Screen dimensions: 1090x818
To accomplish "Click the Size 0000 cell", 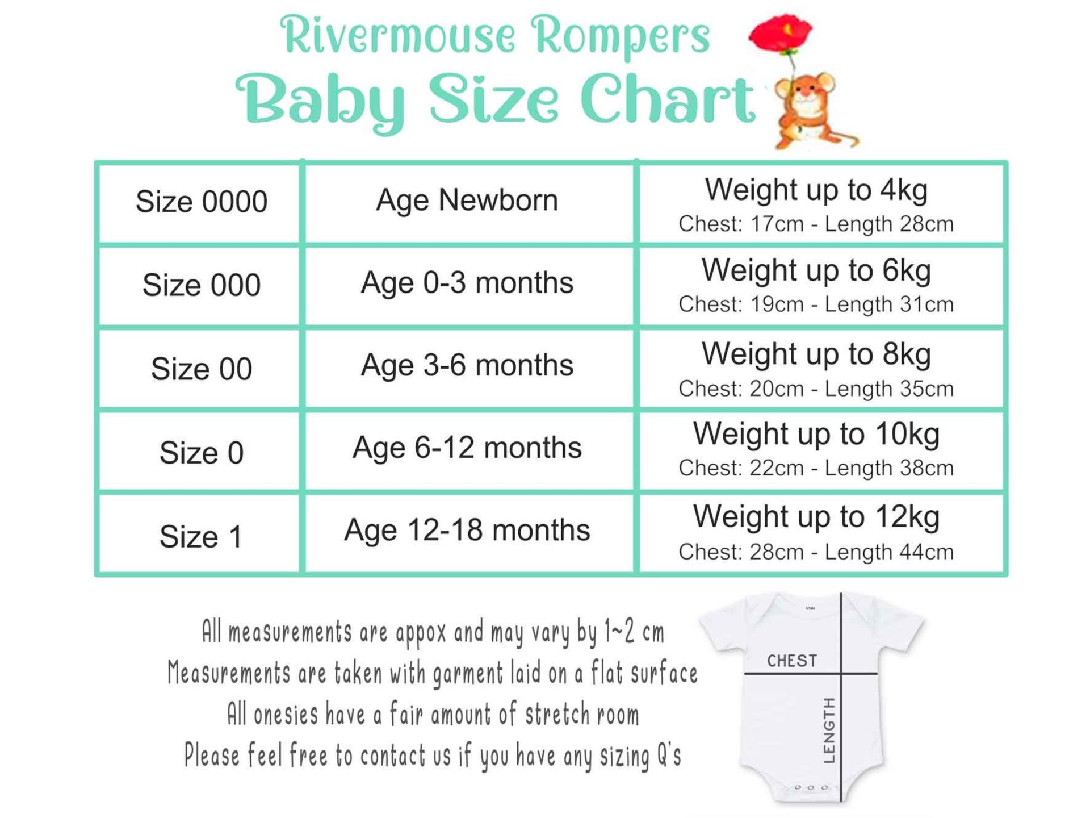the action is (x=200, y=203).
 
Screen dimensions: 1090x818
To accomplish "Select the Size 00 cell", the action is (x=200, y=368).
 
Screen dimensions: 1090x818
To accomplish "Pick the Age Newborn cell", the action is (x=469, y=203).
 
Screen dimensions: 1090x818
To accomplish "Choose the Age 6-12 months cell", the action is (x=469, y=450).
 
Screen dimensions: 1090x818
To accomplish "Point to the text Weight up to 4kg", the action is (x=816, y=190).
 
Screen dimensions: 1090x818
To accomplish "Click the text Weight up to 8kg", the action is (x=816, y=354).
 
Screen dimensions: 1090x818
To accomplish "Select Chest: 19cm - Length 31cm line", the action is (x=816, y=304).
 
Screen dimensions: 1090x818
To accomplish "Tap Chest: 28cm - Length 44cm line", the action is (x=816, y=552).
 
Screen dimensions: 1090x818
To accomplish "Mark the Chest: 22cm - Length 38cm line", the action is (x=816, y=468).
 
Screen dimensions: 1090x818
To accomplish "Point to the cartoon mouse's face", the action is (x=805, y=94).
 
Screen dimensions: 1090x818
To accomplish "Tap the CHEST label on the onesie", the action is (x=792, y=661).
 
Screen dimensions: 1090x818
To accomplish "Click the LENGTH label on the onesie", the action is (x=829, y=731).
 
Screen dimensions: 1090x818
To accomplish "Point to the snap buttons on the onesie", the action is (x=811, y=787).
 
